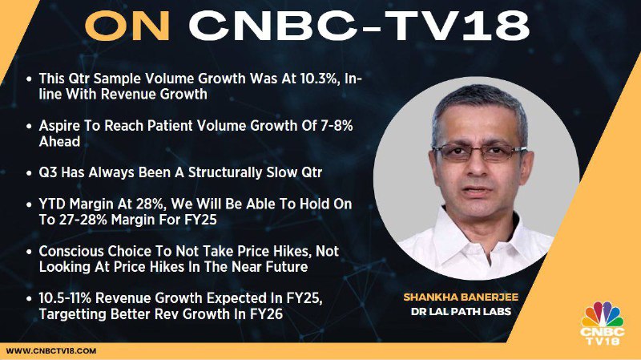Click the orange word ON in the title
127,26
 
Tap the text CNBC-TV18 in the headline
359,26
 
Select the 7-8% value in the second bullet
335,126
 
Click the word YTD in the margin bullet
52,204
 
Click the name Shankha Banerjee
461,297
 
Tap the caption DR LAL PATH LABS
461,312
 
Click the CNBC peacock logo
603,323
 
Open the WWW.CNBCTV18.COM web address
51,351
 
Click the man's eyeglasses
479,152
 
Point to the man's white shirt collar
476,233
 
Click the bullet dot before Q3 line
29,173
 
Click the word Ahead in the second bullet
59,142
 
